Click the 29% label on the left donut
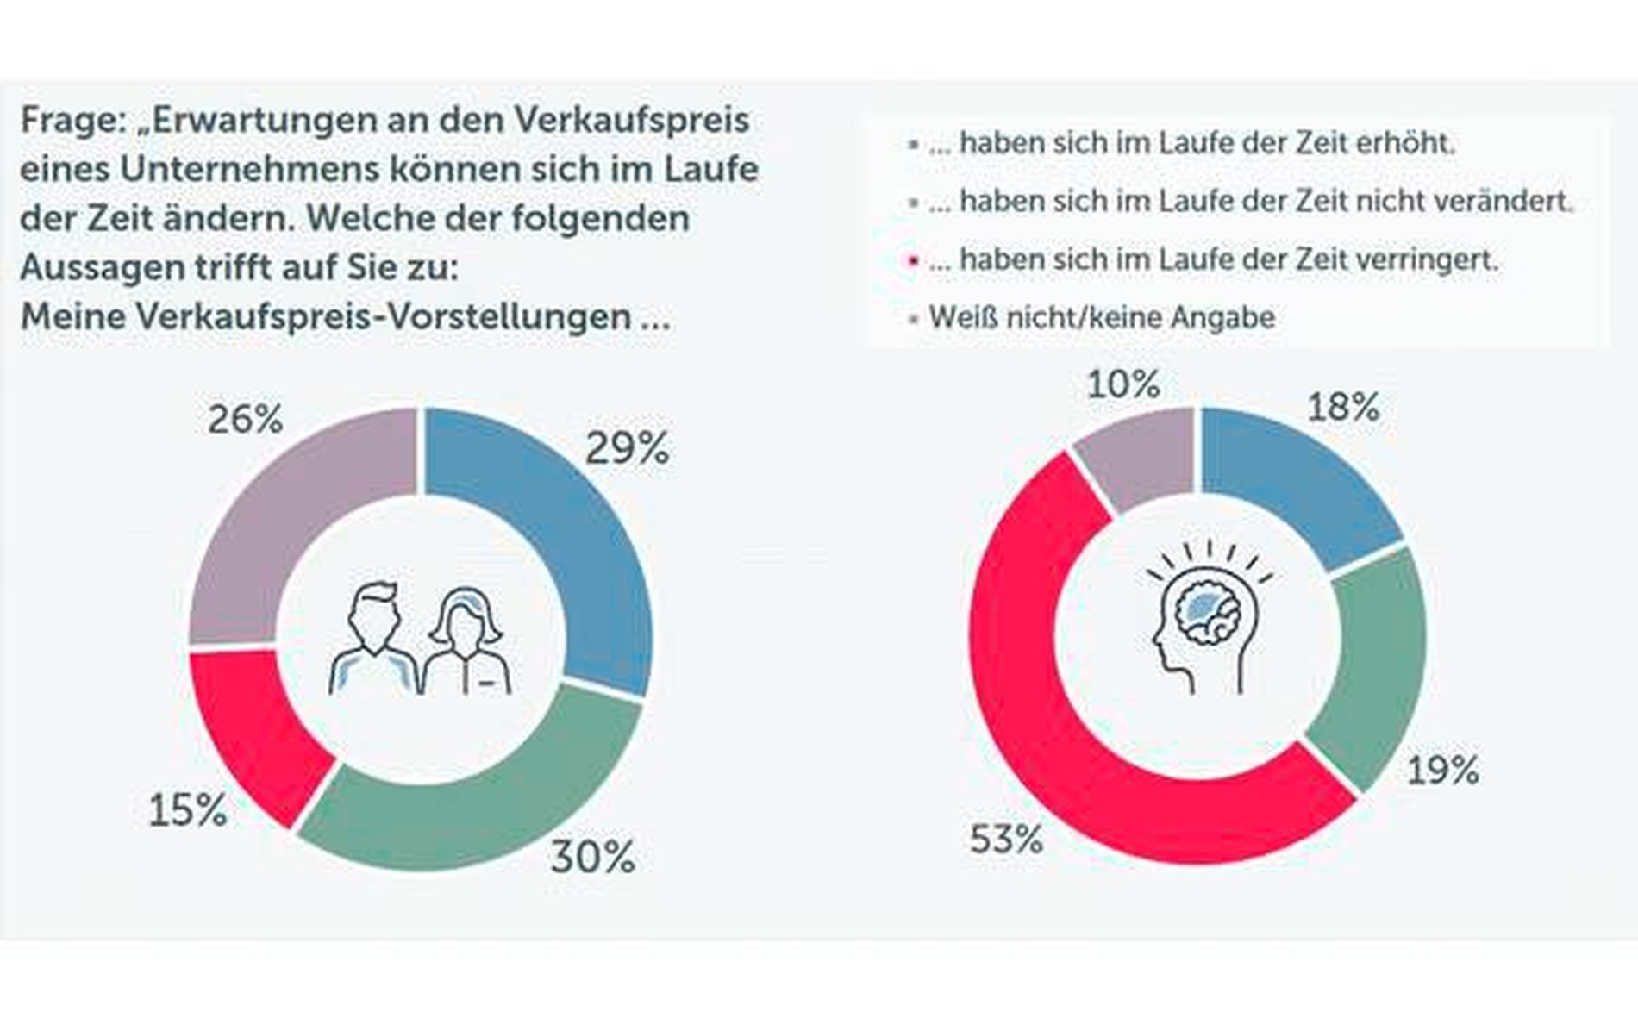[627, 448]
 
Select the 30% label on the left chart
[592, 857]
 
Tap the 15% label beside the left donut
[187, 810]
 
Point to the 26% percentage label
[245, 420]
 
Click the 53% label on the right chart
[1005, 839]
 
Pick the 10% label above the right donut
[1122, 384]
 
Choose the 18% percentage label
[1342, 407]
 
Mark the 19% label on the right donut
[1442, 770]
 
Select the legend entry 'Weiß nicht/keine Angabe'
[1101, 317]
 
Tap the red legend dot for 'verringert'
[913, 259]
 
